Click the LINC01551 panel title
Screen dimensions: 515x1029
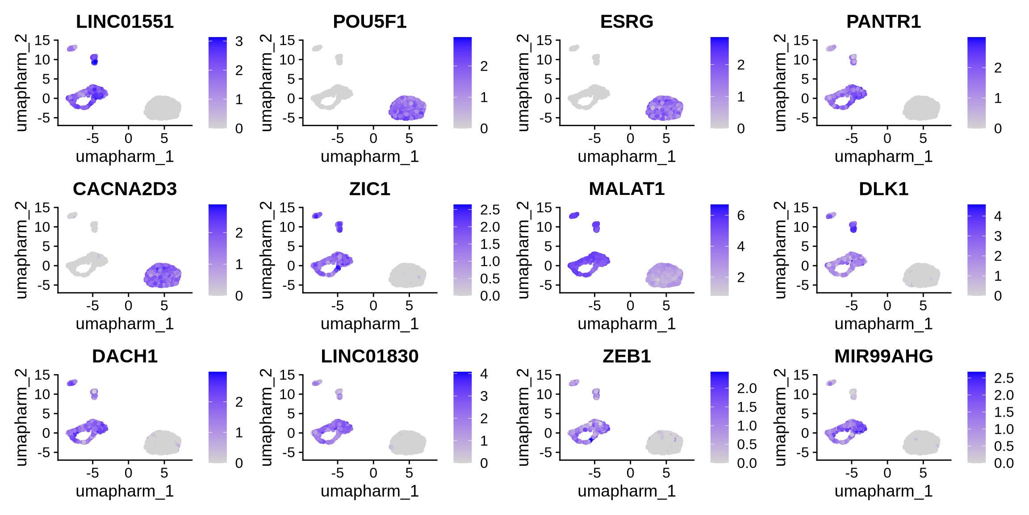click(125, 22)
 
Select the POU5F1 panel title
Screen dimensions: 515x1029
click(369, 22)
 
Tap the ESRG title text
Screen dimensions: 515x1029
click(626, 22)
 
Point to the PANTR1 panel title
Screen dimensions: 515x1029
click(883, 22)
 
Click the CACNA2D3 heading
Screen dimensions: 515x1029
click(125, 189)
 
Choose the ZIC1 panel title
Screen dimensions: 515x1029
click(369, 189)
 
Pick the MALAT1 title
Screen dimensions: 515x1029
click(626, 189)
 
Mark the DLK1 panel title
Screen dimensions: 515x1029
click(883, 189)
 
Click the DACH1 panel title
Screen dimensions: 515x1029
click(125, 356)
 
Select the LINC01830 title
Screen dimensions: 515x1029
click(369, 356)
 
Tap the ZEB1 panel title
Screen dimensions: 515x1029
click(626, 356)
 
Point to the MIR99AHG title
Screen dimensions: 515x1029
click(883, 356)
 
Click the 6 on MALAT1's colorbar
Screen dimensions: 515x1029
click(740, 215)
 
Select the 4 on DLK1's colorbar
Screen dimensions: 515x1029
click(998, 216)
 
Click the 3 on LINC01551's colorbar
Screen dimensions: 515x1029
click(239, 42)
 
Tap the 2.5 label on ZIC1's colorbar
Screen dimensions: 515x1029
click(489, 210)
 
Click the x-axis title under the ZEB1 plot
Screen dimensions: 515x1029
click(626, 491)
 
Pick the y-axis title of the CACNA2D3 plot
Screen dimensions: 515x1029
click(21, 250)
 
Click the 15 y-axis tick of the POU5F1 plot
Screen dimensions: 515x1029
click(287, 40)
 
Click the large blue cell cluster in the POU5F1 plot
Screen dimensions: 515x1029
click(407, 108)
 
